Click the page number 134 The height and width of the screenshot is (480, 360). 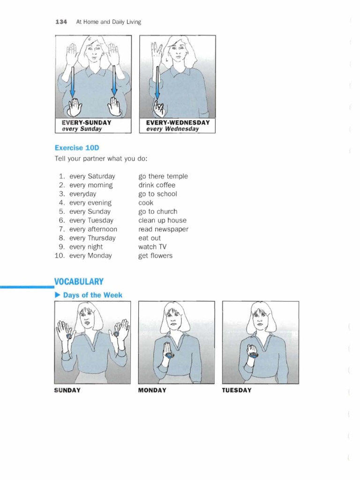coord(62,22)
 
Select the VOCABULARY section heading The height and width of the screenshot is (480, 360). coord(79,281)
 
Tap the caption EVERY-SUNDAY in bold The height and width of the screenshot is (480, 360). coord(86,123)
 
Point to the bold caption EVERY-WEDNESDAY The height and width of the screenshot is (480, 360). coord(178,123)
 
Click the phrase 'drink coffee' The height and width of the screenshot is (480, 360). coord(157,185)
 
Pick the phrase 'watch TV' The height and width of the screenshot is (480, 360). coord(152,247)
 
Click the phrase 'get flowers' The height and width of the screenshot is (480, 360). coord(155,256)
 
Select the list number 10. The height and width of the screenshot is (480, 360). coord(60,256)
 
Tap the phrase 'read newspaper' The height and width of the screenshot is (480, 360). coord(163,229)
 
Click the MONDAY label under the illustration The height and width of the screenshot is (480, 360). coord(152,390)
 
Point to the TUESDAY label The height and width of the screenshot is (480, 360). coord(237,390)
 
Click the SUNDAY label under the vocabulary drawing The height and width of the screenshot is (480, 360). coord(67,390)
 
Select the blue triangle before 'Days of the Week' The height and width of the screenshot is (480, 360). coord(58,295)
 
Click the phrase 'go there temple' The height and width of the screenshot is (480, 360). coord(163,176)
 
